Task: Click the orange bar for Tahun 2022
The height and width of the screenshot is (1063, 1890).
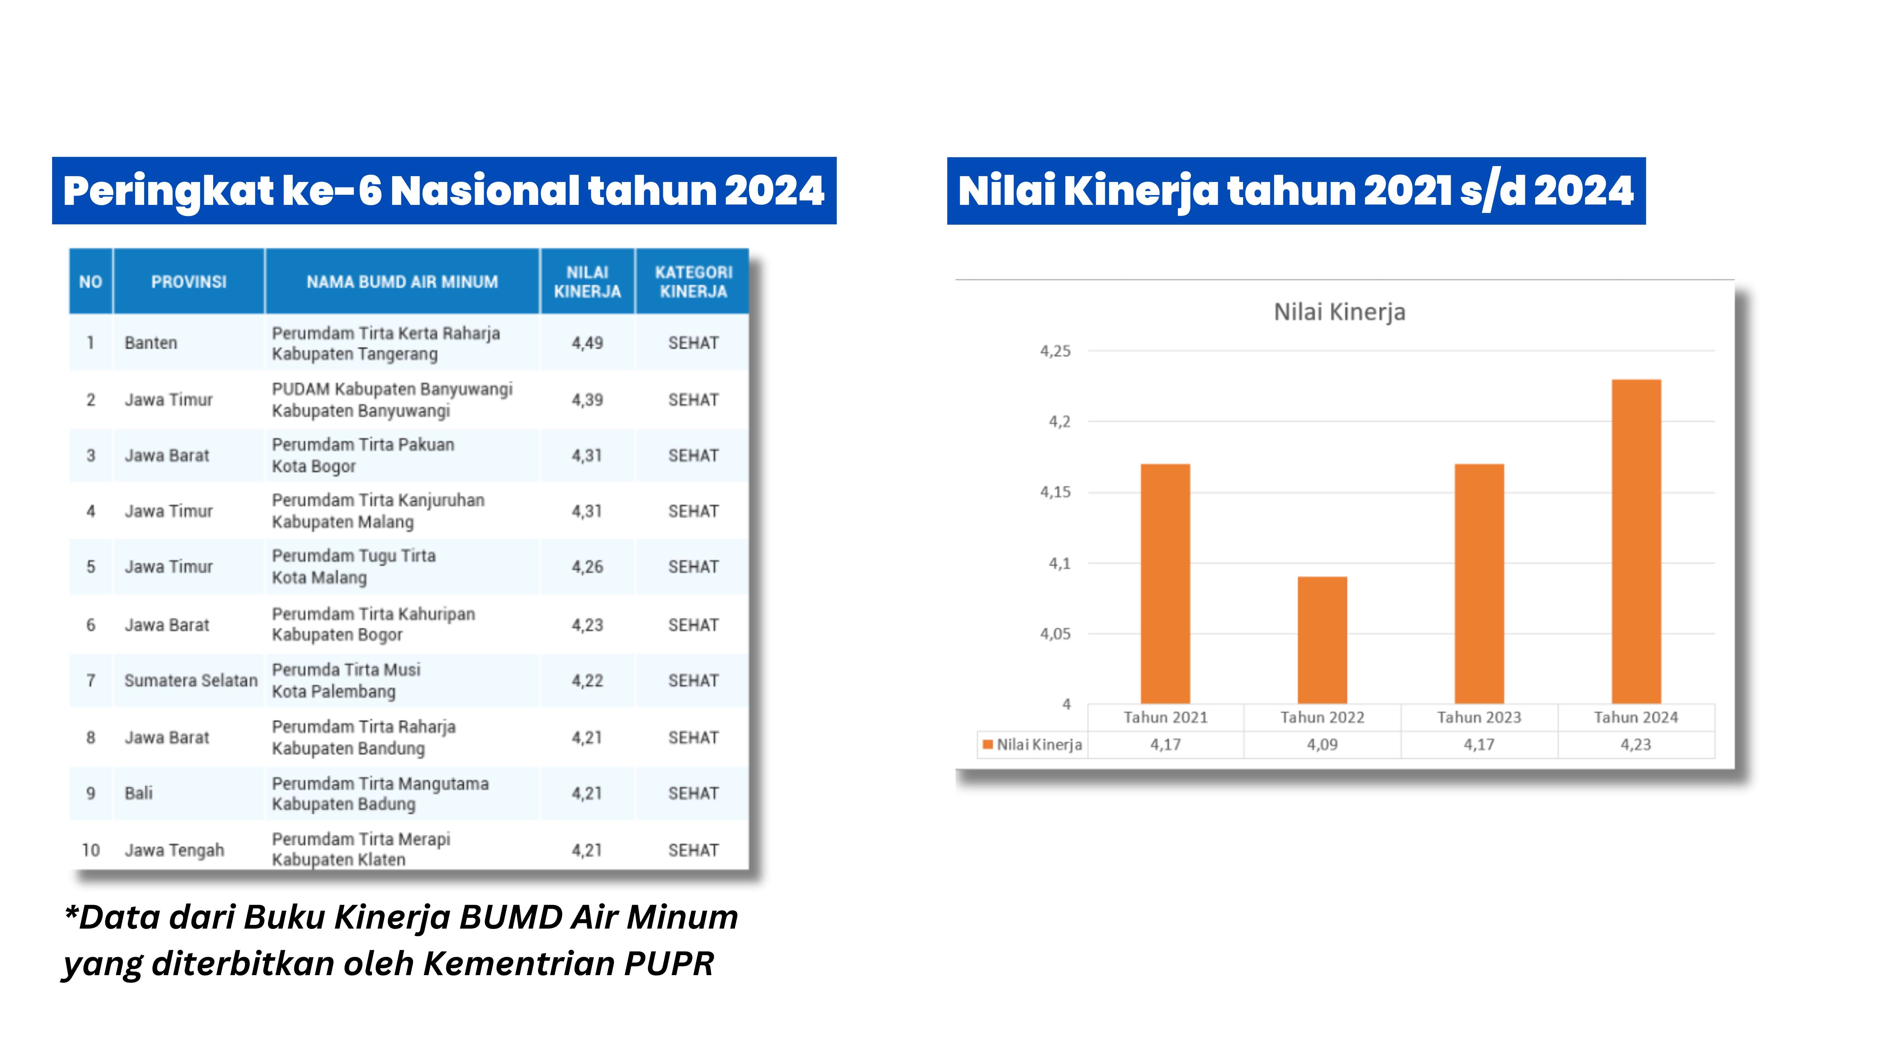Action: coord(1322,640)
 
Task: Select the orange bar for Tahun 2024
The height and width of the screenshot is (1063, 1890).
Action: coord(1636,541)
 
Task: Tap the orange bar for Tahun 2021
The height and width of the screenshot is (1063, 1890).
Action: coord(1165,583)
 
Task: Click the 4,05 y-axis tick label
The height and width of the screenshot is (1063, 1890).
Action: coord(1055,634)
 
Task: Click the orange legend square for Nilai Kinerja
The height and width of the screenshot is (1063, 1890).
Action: coord(988,745)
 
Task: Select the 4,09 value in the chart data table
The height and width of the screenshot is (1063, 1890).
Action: coord(1322,745)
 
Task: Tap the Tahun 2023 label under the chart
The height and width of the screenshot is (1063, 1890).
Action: coord(1479,717)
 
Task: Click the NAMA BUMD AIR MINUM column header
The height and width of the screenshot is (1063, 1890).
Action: coord(402,282)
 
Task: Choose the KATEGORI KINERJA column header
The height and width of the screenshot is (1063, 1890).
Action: coord(693,282)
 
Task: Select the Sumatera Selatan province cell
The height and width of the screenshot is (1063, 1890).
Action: coord(191,681)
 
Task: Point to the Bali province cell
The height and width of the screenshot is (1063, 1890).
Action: coord(139,793)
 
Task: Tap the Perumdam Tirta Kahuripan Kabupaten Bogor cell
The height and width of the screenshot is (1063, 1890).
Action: coord(373,624)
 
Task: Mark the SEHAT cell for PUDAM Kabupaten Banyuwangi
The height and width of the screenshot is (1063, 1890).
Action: coord(693,400)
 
